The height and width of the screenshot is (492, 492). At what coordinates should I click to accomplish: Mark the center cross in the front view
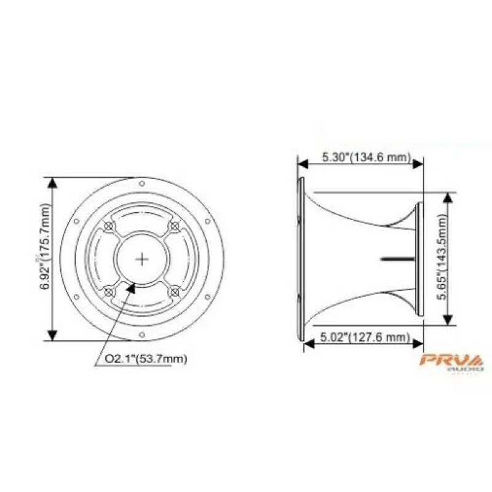[141, 259]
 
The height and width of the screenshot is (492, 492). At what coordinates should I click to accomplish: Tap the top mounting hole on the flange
[142, 183]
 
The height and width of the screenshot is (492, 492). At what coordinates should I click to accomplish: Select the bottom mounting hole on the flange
[142, 335]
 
